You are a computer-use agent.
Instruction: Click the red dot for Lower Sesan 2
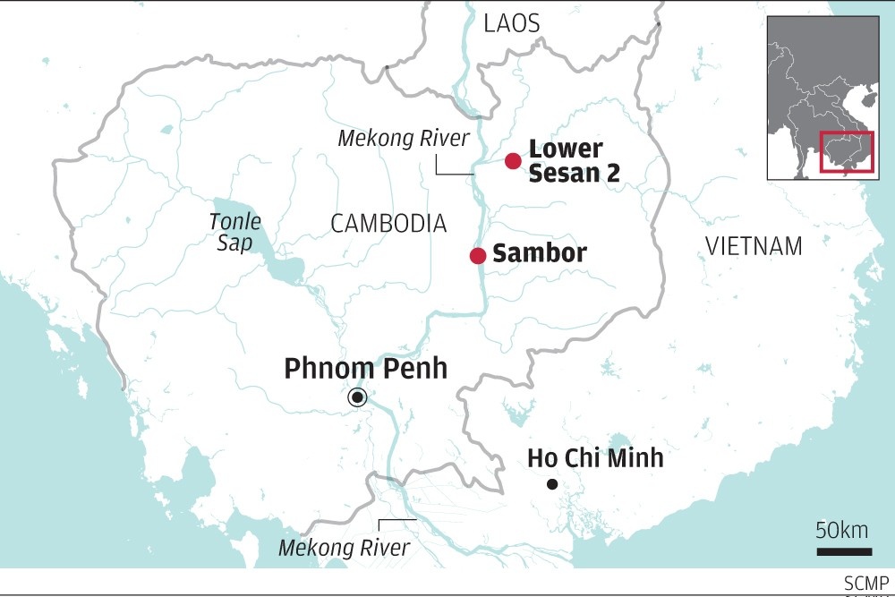(513, 161)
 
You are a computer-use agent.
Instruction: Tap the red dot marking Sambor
(478, 256)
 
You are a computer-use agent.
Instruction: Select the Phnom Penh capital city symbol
(358, 397)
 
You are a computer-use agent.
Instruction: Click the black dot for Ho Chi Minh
(552, 485)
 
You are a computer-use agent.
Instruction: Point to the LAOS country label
(512, 24)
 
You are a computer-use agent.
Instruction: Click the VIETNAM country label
(754, 246)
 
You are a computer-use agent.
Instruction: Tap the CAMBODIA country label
(388, 224)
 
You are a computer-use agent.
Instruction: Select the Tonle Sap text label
(235, 232)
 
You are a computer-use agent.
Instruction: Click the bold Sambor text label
(540, 253)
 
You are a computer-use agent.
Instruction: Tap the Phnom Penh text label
(365, 368)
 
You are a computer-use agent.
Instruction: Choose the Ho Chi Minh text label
(595, 458)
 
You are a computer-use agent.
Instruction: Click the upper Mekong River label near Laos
(403, 139)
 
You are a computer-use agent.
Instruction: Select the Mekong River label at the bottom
(344, 548)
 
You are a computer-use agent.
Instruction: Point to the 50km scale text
(843, 529)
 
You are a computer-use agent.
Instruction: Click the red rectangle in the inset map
(846, 154)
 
